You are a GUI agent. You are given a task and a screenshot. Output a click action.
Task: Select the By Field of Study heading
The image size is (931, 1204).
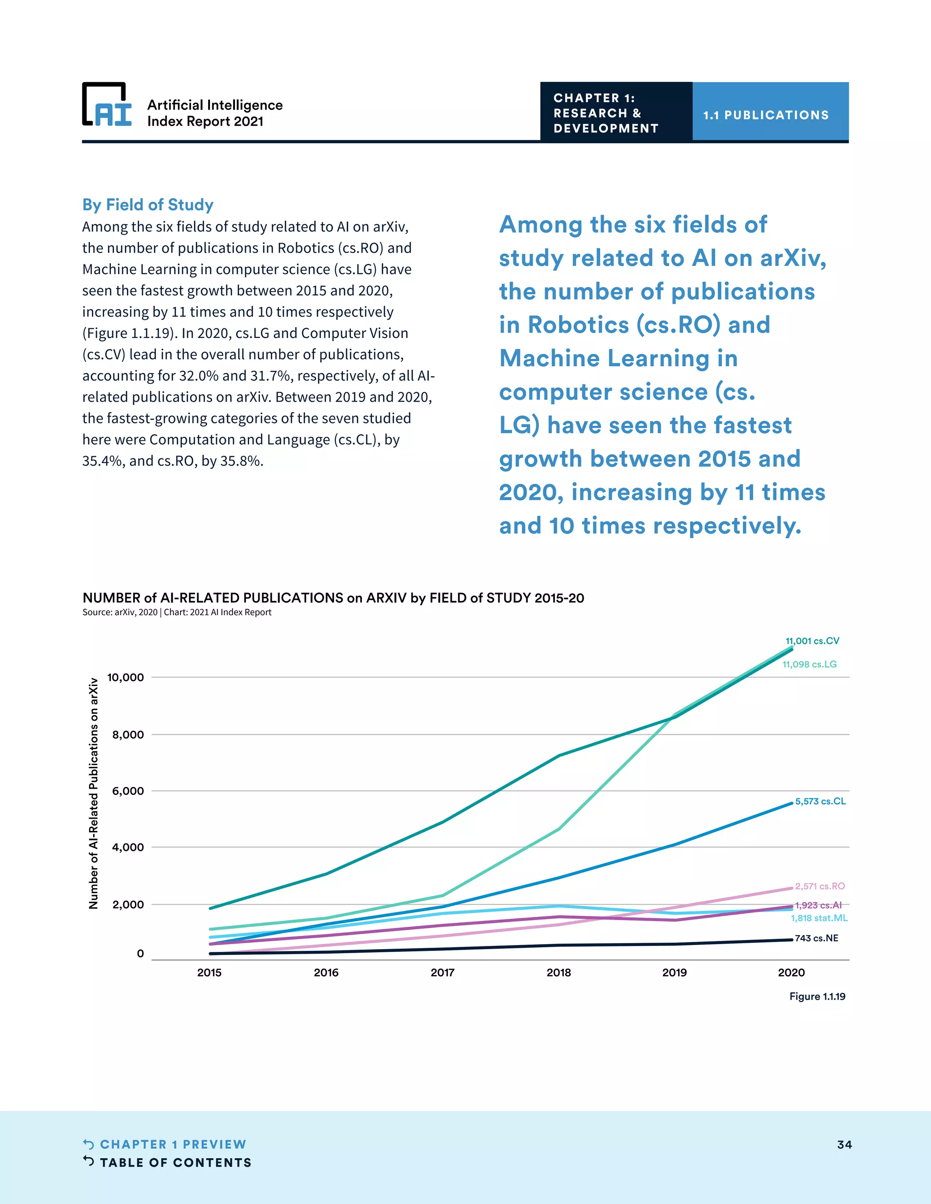click(148, 204)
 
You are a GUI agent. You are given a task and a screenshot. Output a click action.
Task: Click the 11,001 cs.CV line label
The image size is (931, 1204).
click(812, 641)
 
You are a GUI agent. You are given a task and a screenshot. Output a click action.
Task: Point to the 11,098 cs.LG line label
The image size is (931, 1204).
click(809, 664)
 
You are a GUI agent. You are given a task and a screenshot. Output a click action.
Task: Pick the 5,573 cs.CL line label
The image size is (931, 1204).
click(820, 801)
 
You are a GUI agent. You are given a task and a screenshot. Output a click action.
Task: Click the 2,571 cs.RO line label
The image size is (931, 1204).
click(820, 886)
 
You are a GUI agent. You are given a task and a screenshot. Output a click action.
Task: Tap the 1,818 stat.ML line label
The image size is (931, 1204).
click(819, 918)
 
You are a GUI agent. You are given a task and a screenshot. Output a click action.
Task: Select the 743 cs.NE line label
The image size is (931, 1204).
click(816, 938)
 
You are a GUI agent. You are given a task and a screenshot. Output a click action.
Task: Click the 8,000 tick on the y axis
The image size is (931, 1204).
click(128, 734)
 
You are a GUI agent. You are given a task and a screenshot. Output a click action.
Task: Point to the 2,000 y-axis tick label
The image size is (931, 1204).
click(128, 904)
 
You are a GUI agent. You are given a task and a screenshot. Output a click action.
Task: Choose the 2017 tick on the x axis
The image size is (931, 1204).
click(442, 972)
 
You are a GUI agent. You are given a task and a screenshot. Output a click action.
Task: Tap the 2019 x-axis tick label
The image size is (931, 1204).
click(674, 972)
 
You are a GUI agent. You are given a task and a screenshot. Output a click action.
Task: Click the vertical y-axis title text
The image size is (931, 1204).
click(94, 794)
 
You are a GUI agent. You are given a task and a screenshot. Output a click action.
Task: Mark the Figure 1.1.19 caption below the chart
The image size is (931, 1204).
click(817, 996)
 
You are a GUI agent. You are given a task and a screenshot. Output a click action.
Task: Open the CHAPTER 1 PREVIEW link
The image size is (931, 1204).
click(173, 1144)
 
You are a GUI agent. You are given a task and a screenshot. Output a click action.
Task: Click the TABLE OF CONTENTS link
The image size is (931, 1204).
click(175, 1163)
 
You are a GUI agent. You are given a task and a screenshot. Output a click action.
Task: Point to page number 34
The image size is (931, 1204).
click(844, 1144)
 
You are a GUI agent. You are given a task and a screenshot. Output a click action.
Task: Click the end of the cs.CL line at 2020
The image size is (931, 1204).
click(791, 803)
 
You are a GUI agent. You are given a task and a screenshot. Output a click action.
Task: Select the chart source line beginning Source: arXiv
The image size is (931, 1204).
click(176, 612)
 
